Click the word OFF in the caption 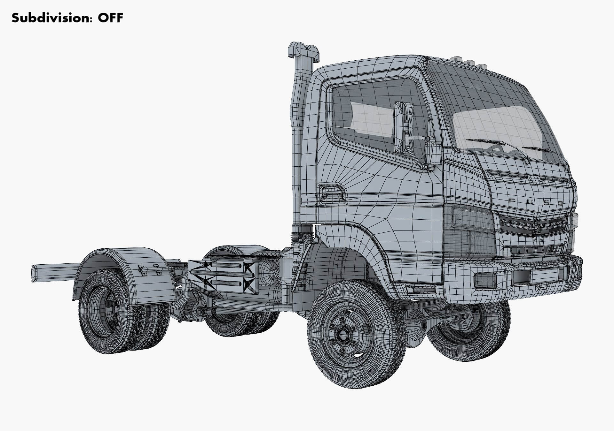[110, 18]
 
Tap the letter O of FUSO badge [560, 203]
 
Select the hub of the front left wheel [344, 335]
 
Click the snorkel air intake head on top [304, 51]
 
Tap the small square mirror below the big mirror [433, 154]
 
